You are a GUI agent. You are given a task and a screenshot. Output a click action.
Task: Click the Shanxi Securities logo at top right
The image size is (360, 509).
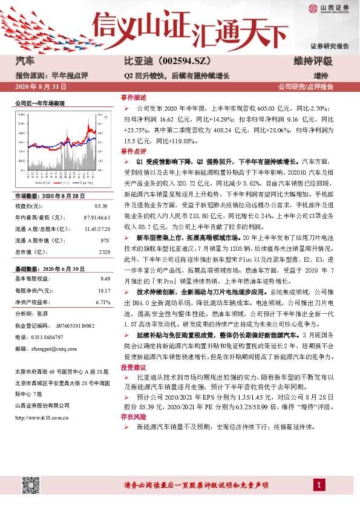327,10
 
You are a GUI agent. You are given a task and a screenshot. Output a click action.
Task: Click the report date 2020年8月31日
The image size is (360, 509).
39,87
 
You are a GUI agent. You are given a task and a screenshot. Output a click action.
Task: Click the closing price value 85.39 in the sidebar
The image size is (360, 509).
102,206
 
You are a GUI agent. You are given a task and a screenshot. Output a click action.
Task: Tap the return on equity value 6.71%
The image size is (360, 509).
102,301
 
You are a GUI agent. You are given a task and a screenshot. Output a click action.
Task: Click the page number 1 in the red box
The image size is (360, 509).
317,485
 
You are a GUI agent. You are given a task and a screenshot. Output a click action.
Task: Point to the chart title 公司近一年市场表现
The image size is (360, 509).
40,104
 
